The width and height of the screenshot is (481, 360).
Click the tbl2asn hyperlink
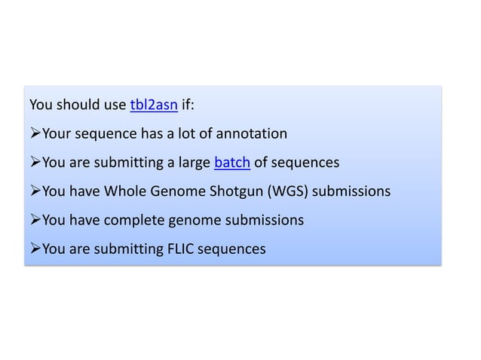coord(154,105)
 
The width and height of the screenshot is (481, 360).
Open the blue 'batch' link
coord(232,162)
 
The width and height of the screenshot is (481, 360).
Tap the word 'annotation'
coord(253,134)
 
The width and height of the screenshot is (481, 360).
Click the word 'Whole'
coord(124,191)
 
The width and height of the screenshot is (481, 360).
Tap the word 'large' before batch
coord(193,163)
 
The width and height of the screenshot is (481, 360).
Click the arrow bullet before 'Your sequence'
coord(35,134)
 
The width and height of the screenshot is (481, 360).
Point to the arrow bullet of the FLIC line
coord(35,249)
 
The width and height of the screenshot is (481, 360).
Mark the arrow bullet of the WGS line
coord(35,191)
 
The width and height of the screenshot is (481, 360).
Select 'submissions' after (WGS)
coord(351,191)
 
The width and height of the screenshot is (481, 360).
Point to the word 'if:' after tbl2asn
coord(188,105)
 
